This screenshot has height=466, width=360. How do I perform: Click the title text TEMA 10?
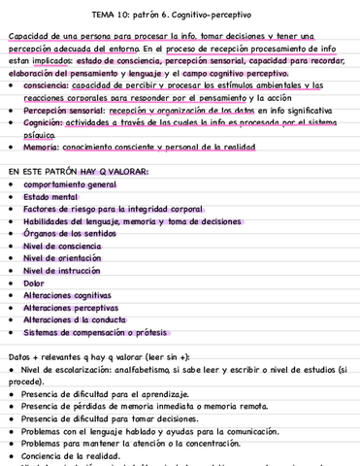click(115, 16)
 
